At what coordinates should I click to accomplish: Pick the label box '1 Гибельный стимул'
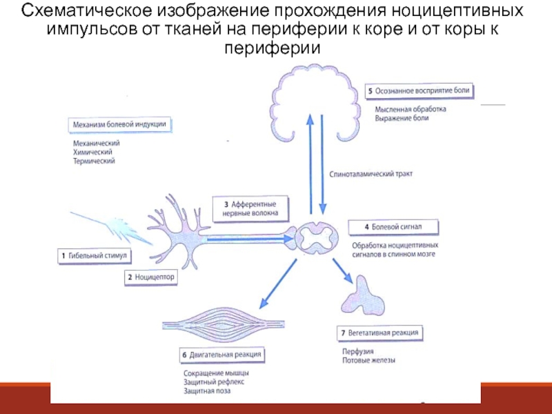(93, 255)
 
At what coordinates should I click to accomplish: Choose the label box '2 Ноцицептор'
(150, 277)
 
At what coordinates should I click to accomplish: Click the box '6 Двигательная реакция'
(221, 355)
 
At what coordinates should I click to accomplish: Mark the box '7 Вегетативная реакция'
(379, 333)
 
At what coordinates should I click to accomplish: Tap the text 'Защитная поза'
(207, 391)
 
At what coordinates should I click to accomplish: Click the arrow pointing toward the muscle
(279, 283)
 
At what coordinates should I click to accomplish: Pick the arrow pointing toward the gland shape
(343, 269)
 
